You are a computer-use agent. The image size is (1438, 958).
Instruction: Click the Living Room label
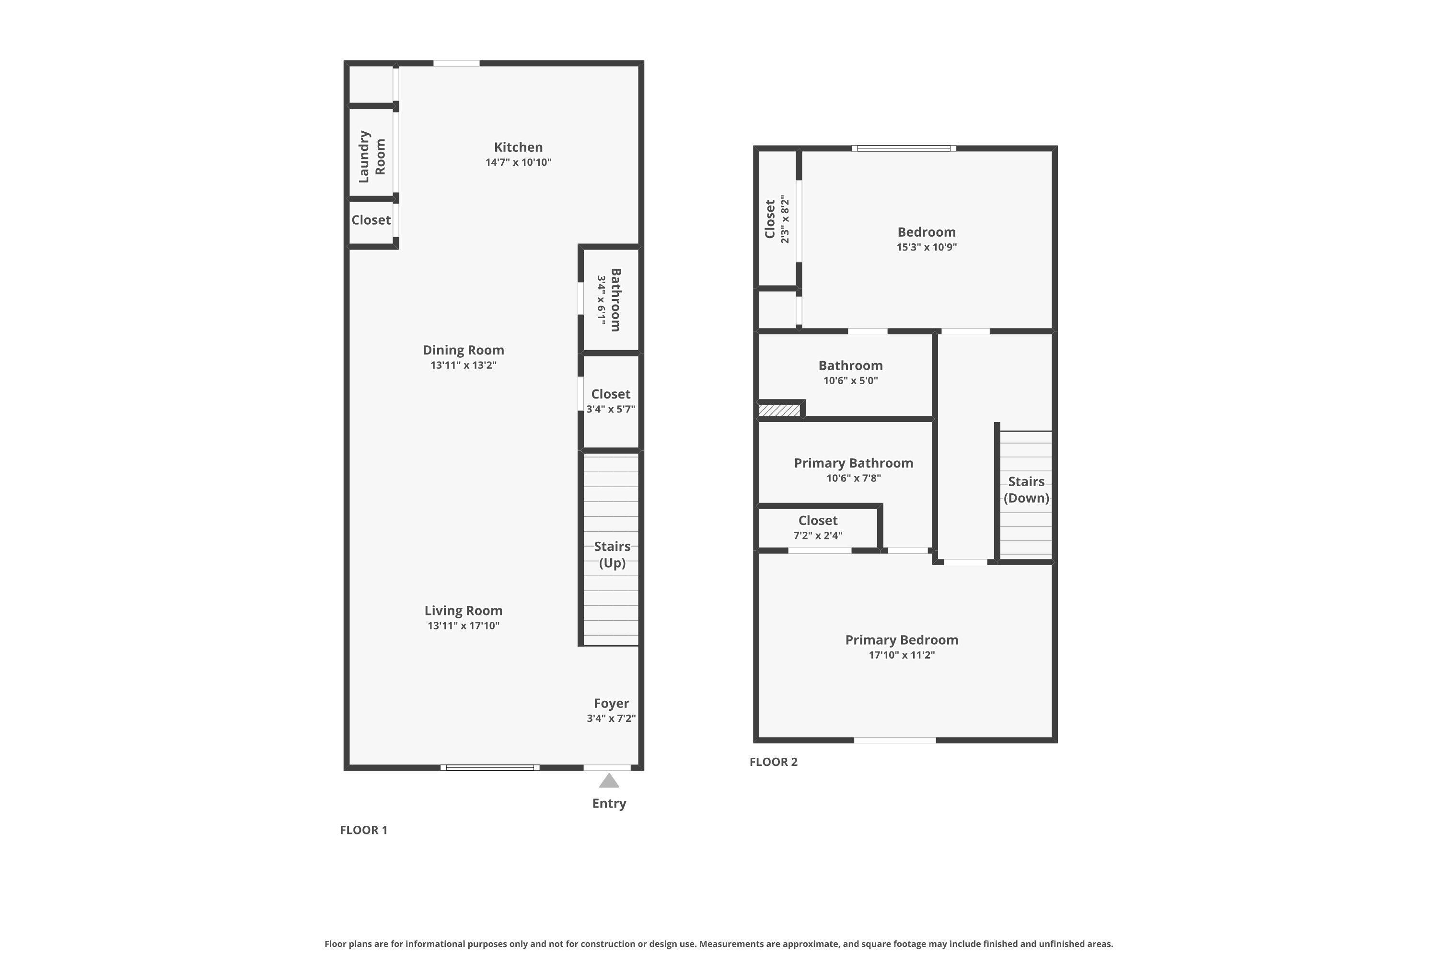click(x=463, y=610)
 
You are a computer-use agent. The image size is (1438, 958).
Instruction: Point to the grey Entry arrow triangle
click(x=608, y=781)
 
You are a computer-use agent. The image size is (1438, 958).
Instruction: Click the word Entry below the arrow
click(x=608, y=803)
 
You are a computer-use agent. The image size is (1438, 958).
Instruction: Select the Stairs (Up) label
click(x=612, y=554)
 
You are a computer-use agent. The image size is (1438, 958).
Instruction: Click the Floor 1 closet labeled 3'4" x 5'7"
click(x=610, y=401)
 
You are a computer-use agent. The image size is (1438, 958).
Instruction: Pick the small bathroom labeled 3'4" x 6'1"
click(x=609, y=299)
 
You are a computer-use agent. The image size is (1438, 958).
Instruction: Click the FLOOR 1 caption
click(x=363, y=830)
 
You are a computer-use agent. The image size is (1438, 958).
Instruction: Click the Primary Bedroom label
click(x=901, y=639)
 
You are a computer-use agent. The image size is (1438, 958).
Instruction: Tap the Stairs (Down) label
click(x=1025, y=490)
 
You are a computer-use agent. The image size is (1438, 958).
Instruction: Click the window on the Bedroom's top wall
click(x=903, y=148)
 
